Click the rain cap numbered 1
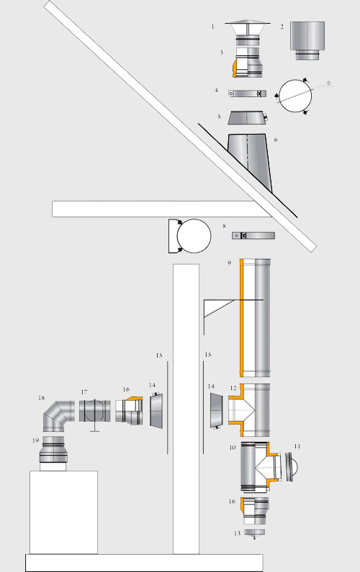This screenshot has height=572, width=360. tap(248, 32)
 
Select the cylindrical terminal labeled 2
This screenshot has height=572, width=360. tap(307, 40)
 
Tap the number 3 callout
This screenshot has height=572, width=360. tap(222, 53)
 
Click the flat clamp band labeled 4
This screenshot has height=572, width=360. tap(247, 94)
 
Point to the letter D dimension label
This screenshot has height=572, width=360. tap(328, 83)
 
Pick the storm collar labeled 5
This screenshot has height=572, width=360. tap(247, 118)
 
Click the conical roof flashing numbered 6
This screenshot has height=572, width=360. tap(250, 163)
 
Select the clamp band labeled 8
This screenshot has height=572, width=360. tap(253, 236)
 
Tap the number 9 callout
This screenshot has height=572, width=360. tap(229, 263)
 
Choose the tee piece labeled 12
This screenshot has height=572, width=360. tap(250, 409)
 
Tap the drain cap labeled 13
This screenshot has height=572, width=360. tap(254, 533)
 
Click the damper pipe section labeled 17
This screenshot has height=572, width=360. tap(95, 411)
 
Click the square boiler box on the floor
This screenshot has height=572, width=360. tap(63, 512)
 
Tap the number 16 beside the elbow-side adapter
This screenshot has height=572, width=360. tap(126, 389)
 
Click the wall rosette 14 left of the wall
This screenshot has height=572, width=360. tap(157, 409)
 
